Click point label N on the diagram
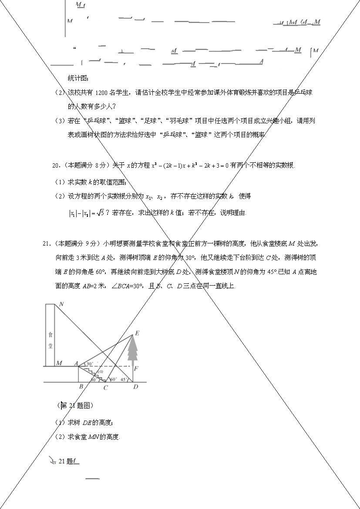click(62, 304)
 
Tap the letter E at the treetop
click(137, 334)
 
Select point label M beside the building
click(59, 363)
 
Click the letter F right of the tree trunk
click(136, 369)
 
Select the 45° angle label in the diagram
click(124, 380)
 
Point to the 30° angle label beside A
click(89, 364)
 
